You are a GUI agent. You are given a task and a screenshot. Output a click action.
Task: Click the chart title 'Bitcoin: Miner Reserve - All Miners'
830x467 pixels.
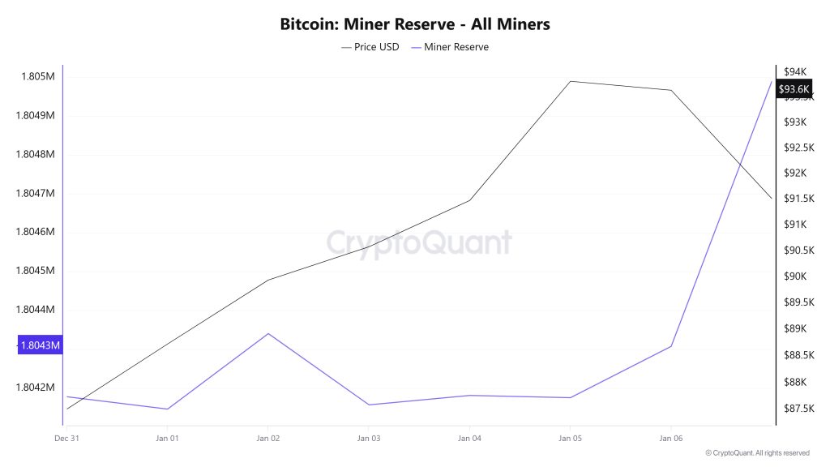point(415,24)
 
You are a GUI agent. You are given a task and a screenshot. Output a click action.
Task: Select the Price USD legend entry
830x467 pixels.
point(370,47)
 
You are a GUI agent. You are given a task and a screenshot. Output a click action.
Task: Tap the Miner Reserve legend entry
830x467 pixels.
point(451,47)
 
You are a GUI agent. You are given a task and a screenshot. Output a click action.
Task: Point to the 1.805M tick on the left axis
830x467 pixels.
point(37,77)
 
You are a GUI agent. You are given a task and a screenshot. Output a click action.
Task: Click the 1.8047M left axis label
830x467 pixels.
point(36,193)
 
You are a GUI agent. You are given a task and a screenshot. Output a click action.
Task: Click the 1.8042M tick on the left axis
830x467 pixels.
point(36,387)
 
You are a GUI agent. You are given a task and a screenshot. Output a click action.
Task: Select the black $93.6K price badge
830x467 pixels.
point(794,89)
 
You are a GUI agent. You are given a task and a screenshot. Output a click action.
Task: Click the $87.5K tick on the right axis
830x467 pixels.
point(796,408)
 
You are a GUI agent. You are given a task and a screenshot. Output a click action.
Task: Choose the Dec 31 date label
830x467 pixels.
point(66,438)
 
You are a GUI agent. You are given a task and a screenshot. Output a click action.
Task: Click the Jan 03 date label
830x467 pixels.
point(369,438)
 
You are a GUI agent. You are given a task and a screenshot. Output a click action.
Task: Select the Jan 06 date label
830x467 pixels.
point(671,438)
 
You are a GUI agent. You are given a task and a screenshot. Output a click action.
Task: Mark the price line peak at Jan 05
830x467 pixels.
point(571,81)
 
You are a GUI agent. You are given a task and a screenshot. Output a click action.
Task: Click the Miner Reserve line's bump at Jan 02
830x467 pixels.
point(268,333)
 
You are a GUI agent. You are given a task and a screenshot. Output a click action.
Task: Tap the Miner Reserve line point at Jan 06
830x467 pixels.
point(671,346)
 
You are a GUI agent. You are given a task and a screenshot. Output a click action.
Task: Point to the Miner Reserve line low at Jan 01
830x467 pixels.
point(168,409)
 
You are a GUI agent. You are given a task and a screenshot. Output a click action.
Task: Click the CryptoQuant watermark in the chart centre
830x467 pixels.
point(419,242)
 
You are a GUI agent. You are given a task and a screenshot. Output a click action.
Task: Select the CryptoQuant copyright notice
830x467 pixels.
point(757,452)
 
